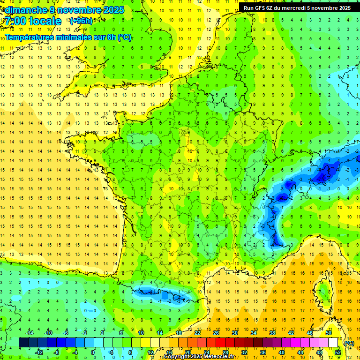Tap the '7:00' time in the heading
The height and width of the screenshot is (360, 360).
coord(14,21)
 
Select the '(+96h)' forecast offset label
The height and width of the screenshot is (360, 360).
coord(81,21)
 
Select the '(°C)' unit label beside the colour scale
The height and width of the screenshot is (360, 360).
coord(349,343)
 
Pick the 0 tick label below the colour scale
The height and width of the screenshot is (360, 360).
coord(92,352)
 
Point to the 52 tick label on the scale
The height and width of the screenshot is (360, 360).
coord(338,352)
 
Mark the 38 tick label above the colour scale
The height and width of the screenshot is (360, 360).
coord(272,333)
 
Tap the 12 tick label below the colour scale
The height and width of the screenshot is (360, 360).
coord(150,352)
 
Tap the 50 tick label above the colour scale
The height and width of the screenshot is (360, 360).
coord(329,333)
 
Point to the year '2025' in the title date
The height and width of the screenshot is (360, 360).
coord(112,9)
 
